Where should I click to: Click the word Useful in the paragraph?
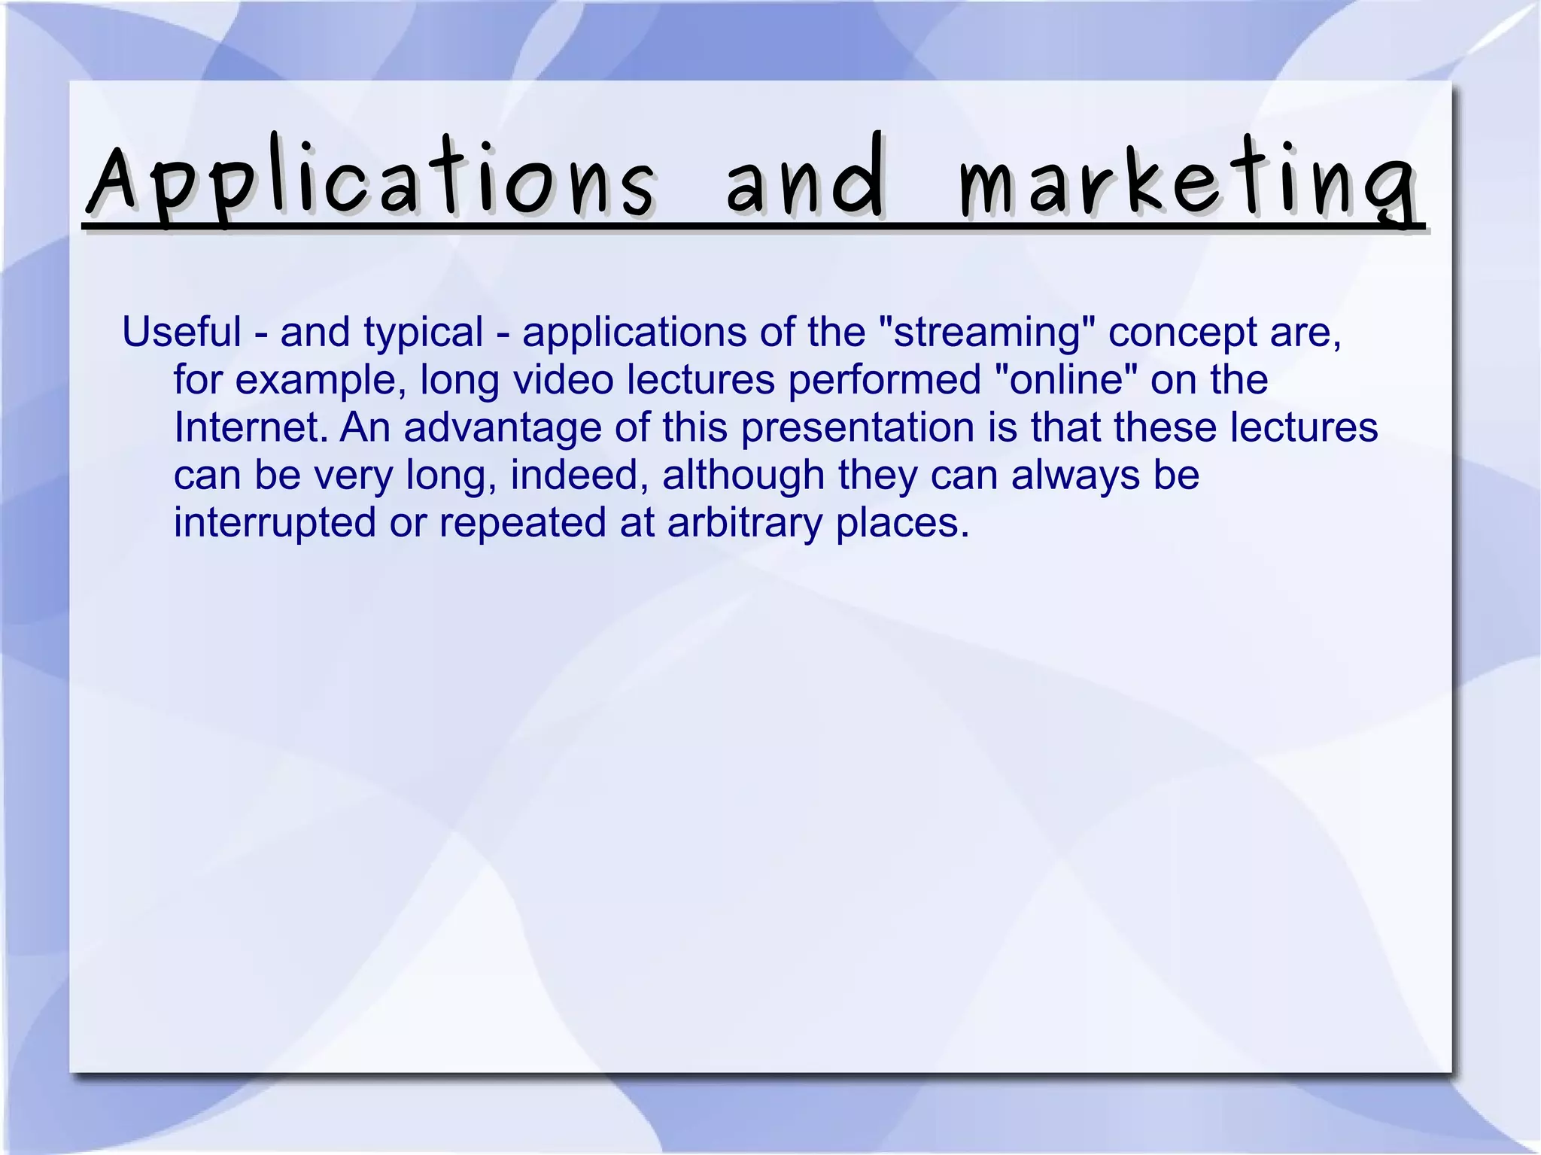point(181,332)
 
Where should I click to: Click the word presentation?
point(858,428)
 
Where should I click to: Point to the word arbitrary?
point(745,523)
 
